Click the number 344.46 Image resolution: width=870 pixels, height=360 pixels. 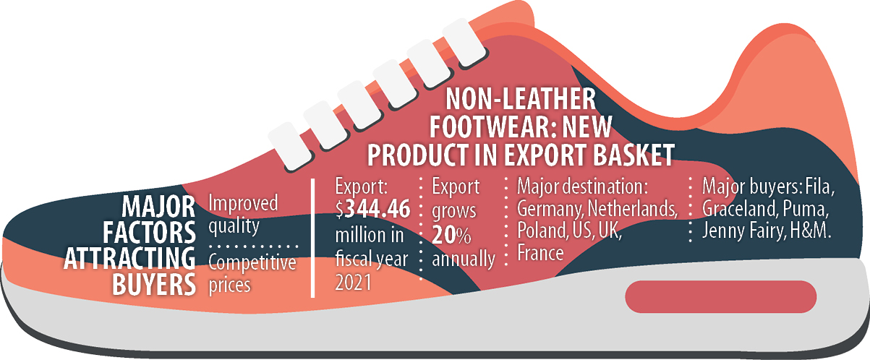pos(378,209)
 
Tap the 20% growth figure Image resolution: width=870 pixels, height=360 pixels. pos(451,236)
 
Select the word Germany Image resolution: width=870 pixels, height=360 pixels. pos(550,210)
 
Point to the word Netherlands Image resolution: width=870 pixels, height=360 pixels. pos(633,208)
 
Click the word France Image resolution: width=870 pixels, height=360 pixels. pos(540,253)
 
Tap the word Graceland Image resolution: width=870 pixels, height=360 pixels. pos(740,209)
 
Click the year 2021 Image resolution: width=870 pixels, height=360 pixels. pos(354,283)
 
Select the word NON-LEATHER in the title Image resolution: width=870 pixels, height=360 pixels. pos(521,99)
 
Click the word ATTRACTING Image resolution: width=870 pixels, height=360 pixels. pos(129,258)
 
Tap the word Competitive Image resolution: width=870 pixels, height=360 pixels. pos(252,263)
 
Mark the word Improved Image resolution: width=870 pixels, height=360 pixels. pos(243,202)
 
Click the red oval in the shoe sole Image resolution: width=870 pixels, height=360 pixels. pos(721,296)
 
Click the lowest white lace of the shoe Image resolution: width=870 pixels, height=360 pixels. pos(290,147)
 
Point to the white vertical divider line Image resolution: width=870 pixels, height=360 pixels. pos(312,238)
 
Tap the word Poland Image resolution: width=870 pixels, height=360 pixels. pos(542,231)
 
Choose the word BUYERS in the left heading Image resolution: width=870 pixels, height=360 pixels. pos(154,285)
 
